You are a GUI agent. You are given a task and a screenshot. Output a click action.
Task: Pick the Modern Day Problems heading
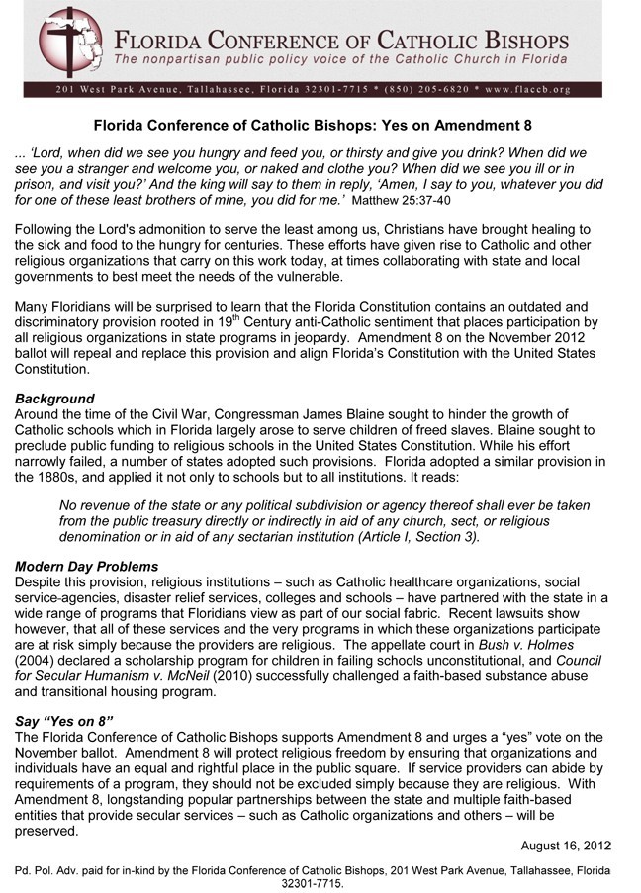coord(86,567)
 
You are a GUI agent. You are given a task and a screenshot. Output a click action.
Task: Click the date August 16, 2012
coord(567,846)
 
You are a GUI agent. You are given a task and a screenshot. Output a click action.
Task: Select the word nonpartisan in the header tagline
coord(180,61)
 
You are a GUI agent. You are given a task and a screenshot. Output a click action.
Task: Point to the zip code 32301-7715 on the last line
coord(313,883)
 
